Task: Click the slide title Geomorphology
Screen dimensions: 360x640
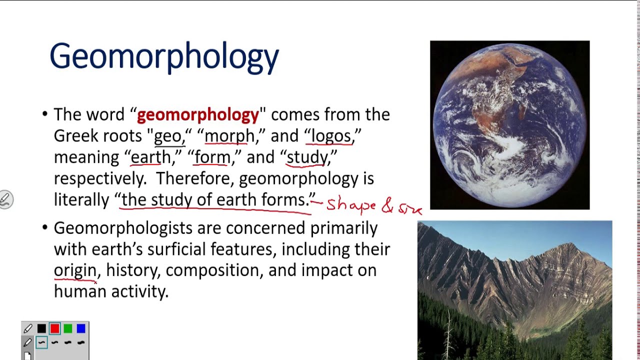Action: [x=164, y=56]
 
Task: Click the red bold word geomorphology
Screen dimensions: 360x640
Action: [x=198, y=115]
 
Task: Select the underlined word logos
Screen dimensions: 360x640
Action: [x=330, y=136]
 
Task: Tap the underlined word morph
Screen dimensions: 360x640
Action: [x=229, y=136]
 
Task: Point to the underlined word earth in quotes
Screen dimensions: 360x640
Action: [x=150, y=157]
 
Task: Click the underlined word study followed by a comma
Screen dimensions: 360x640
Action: [x=307, y=157]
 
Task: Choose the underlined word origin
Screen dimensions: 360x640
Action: [x=75, y=270]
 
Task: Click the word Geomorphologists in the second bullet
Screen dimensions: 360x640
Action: [x=123, y=228]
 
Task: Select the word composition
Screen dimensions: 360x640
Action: [x=212, y=270]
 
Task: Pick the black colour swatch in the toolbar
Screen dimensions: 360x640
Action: [x=41, y=328]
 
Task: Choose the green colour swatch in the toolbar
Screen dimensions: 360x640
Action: [x=68, y=328]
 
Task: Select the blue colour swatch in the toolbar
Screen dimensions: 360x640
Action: [x=81, y=328]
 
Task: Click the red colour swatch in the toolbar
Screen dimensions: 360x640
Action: [x=54, y=328]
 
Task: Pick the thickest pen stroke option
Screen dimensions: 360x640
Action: [x=81, y=342]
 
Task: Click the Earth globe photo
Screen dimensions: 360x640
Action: [x=509, y=125]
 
